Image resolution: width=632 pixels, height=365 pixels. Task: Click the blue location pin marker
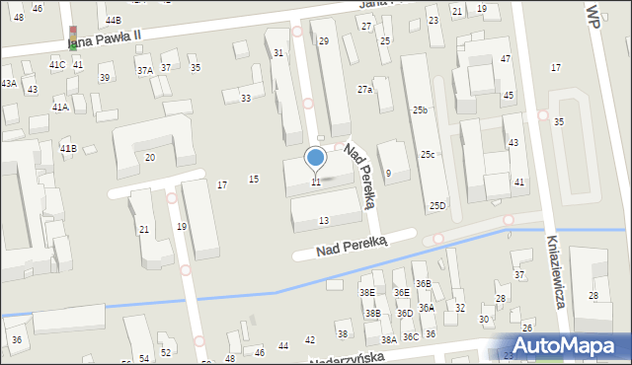pyautogui.click(x=316, y=158)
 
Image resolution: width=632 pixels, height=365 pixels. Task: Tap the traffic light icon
pyautogui.click(x=72, y=36)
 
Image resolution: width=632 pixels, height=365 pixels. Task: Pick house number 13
pyautogui.click(x=323, y=220)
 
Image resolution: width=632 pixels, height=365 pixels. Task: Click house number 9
pyautogui.click(x=388, y=174)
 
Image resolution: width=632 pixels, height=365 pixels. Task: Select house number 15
pyautogui.click(x=254, y=179)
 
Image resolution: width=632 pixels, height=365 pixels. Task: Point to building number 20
pyautogui.click(x=150, y=158)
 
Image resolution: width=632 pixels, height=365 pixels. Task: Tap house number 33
pyautogui.click(x=246, y=98)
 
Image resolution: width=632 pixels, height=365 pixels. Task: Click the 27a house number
pyautogui.click(x=364, y=90)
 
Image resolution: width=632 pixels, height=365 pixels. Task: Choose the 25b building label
pyautogui.click(x=420, y=109)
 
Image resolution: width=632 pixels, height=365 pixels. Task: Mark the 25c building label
pyautogui.click(x=428, y=154)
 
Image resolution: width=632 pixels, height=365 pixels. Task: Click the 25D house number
pyautogui.click(x=437, y=205)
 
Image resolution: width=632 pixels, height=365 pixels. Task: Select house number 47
pyautogui.click(x=506, y=59)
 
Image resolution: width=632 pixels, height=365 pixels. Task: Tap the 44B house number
pyautogui.click(x=114, y=20)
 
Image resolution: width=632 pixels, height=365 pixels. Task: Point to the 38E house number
pyautogui.click(x=367, y=293)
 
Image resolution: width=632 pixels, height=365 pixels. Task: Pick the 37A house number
pyautogui.click(x=145, y=70)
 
